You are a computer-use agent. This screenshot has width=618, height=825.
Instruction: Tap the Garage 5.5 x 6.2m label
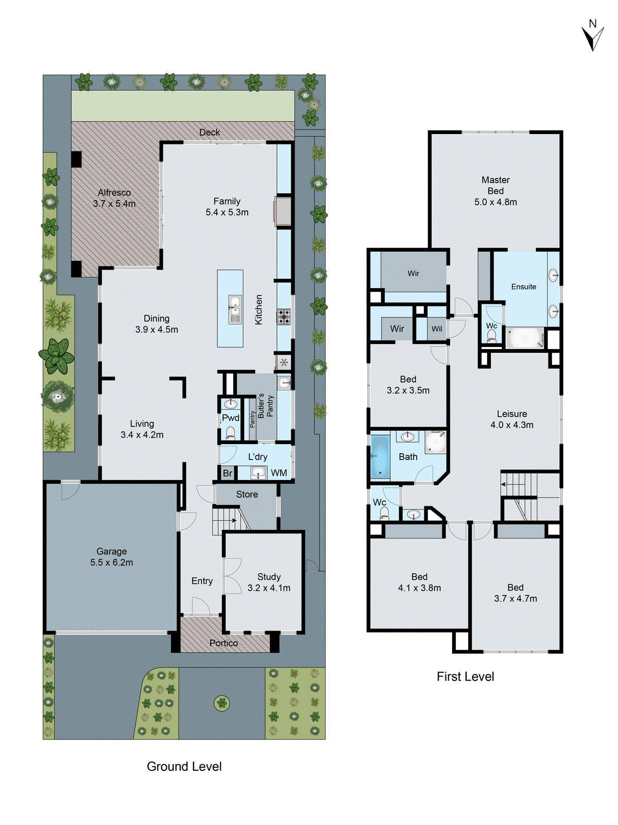coord(112,557)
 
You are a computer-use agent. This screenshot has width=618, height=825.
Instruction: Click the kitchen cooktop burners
coord(284,317)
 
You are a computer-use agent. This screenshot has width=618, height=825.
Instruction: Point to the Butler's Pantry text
coord(266,405)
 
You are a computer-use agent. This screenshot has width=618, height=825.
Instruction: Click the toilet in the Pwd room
coord(230,432)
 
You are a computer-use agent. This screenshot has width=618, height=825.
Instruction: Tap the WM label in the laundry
coord(279,473)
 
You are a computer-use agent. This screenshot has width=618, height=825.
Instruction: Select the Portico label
coord(224,643)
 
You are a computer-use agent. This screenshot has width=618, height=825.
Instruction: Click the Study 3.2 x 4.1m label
coord(269,582)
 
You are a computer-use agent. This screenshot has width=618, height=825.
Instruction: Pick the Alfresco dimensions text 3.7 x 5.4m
coord(114,204)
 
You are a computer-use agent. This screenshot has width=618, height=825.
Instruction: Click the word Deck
coord(210,133)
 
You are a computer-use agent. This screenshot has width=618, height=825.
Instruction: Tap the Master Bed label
coord(495,185)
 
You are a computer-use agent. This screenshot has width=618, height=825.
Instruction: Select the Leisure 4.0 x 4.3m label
coord(512,419)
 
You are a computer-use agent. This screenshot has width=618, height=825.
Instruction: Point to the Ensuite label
coord(524,287)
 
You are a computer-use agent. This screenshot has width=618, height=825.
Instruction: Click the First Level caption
coord(465,676)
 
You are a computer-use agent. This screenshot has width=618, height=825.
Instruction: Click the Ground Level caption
coord(184,766)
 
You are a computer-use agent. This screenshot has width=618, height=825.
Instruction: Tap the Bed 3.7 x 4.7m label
coord(516,593)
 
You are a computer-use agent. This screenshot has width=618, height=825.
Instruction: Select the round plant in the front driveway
coord(221,702)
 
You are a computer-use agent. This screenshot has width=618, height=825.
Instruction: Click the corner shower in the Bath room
coord(436,441)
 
